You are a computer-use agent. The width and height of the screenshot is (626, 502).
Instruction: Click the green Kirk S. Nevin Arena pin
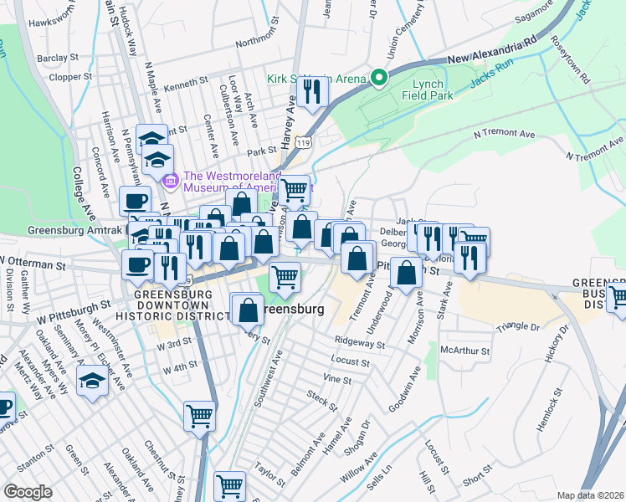coord(378,79)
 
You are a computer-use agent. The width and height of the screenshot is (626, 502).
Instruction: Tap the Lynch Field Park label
coord(439,90)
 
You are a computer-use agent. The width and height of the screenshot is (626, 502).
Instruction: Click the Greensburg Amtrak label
coord(75,229)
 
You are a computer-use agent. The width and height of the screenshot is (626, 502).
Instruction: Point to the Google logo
coord(28,492)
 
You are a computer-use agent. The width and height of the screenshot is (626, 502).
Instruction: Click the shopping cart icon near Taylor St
coord(229,484)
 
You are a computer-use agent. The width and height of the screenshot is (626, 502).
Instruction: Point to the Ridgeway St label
coord(359,343)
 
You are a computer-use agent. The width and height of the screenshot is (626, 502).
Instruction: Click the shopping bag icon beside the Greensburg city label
coord(248,310)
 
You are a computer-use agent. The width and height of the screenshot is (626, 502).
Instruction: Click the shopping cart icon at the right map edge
coord(618,296)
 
